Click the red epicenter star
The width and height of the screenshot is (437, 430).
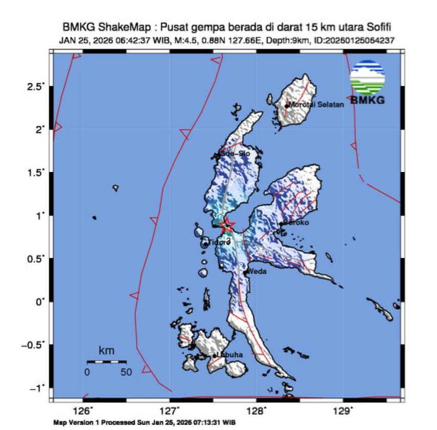click(x=226, y=225)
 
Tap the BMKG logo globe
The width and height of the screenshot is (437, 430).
click(x=367, y=77)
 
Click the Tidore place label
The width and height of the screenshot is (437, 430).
click(x=219, y=242)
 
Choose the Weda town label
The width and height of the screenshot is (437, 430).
click(x=257, y=272)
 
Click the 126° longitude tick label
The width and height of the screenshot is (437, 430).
click(x=83, y=411)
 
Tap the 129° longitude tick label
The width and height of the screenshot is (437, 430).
click(x=342, y=411)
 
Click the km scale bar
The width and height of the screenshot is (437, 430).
click(x=107, y=362)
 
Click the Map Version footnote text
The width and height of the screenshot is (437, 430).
click(x=144, y=423)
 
